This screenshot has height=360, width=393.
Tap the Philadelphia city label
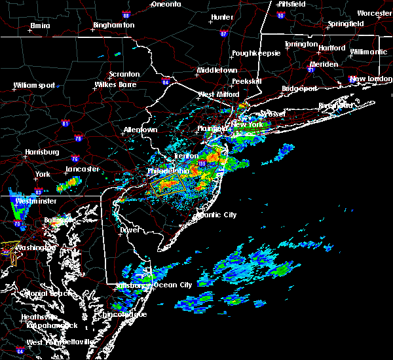[168, 171]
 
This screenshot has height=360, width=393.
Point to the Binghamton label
[113, 25]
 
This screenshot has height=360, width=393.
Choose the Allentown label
[140, 130]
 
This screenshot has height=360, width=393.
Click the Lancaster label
[82, 169]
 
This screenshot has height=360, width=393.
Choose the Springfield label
[345, 24]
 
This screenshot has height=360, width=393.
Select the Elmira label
[40, 26]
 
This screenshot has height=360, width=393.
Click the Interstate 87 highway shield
[223, 33]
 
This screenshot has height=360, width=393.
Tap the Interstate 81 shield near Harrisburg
[65, 122]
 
